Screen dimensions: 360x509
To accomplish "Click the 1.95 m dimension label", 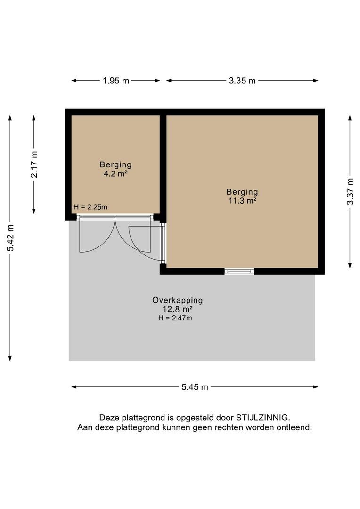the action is coord(116,81).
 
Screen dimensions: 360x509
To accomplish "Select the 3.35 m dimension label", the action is coord(242,81).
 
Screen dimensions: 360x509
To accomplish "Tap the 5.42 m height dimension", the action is coord(10,238).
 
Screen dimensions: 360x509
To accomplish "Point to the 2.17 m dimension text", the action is coord(34,164).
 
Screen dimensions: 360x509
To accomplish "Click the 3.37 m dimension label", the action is coord(350,191).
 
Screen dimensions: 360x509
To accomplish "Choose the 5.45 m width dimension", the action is coord(195,387).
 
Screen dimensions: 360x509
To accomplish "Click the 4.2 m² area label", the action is coord(115,173).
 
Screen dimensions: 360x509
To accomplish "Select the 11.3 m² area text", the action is coord(243,201).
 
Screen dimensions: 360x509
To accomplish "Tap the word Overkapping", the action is coord(178,300).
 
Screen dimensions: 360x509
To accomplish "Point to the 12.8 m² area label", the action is coord(178,309).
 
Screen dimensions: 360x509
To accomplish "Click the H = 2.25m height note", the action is coord(90,207).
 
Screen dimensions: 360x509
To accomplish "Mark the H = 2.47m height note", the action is coord(175,318).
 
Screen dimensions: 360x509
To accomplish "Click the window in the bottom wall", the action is coord(239,271).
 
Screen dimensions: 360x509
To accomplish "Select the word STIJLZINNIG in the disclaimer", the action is coord(262,418).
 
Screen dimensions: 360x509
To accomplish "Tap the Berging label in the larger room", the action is coord(243,192).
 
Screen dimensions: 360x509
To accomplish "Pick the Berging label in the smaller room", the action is coord(115,164).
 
